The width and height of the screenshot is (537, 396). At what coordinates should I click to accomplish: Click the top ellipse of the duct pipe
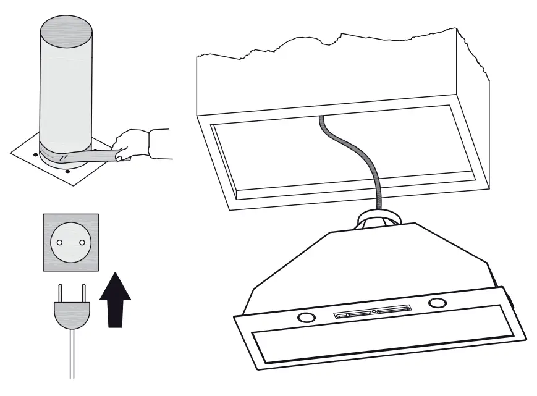66,28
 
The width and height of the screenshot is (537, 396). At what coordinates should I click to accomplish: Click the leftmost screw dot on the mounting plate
35,153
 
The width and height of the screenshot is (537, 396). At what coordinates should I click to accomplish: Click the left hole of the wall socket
59,242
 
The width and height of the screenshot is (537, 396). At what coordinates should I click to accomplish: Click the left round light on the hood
305,318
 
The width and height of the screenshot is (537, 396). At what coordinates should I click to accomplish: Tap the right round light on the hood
438,303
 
